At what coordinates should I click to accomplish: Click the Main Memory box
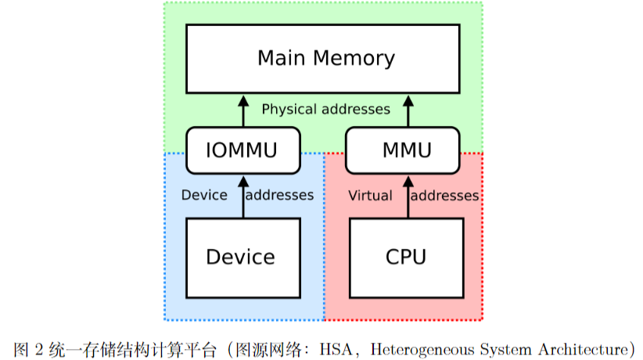(x=322, y=59)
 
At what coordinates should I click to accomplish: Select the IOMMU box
(x=242, y=150)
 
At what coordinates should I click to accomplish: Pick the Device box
(x=242, y=257)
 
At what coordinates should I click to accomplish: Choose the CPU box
(x=406, y=257)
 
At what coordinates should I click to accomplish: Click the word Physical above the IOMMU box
(x=286, y=110)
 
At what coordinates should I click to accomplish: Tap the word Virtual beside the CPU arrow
(x=370, y=196)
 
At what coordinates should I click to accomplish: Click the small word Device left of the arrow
(x=204, y=196)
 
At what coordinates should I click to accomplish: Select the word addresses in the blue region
(x=279, y=196)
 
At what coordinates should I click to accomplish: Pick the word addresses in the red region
(x=444, y=196)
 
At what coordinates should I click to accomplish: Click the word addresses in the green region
(x=354, y=110)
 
